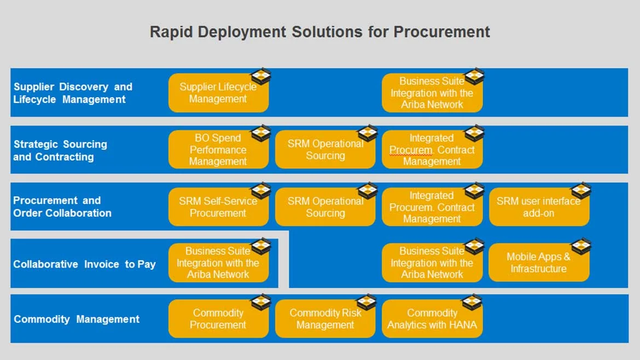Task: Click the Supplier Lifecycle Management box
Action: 218,92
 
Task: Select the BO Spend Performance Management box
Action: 218,149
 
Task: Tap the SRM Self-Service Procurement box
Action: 218,207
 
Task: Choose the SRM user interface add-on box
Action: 539,207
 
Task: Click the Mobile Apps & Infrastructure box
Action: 539,263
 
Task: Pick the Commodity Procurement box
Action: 218,319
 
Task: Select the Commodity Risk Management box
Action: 325,319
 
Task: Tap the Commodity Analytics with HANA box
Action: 432,319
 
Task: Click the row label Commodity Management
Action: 77,319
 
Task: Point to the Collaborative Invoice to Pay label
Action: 84,264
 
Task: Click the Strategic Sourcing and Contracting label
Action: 60,150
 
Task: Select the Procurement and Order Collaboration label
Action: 62,206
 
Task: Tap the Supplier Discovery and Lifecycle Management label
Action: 73,93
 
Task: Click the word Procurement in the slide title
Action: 441,32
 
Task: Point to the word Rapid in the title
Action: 171,32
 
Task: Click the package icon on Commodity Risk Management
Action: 366,302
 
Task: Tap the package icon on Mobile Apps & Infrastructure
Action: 581,246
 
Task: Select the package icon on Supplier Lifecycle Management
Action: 261,77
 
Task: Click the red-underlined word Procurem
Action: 411,150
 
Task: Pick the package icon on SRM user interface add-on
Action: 581,190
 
